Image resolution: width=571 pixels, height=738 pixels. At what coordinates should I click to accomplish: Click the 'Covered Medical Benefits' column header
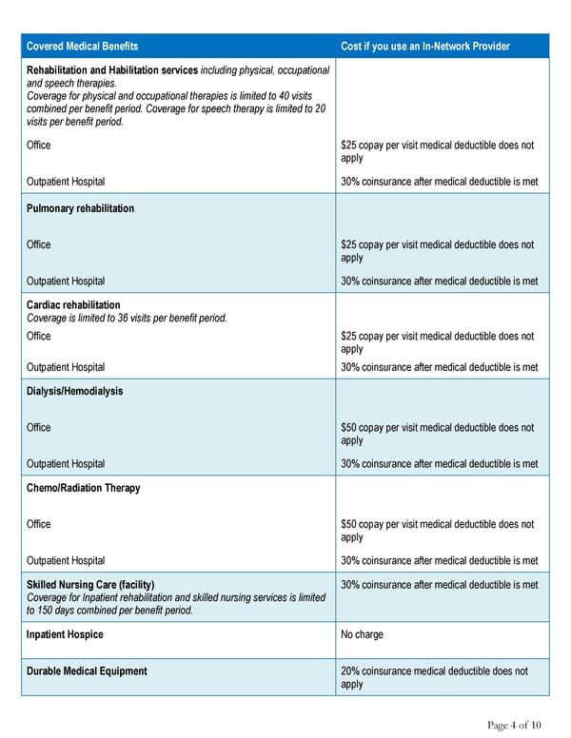tap(82, 47)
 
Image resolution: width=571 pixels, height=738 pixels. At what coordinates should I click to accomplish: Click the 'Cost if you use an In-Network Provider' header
tap(424, 47)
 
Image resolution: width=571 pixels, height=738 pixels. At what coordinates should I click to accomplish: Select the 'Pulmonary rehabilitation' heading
tap(81, 208)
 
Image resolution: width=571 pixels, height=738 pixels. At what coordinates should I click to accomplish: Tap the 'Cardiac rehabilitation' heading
tap(74, 305)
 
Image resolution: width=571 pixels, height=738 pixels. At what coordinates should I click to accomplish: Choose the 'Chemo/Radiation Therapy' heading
tap(84, 488)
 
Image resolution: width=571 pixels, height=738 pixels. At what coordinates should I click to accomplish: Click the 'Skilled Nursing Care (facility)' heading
tap(91, 584)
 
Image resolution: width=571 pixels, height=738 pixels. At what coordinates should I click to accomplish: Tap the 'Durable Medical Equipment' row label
tap(88, 671)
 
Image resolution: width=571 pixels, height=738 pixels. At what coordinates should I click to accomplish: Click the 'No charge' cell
tap(362, 634)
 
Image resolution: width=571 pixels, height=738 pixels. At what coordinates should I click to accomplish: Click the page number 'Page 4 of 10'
tap(514, 726)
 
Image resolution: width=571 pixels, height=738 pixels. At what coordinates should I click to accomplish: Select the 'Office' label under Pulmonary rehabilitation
tap(39, 244)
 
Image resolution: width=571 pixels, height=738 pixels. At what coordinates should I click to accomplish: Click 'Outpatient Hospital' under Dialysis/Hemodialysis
tap(67, 464)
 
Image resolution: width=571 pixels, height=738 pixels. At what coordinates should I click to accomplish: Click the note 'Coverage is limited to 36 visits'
tap(128, 318)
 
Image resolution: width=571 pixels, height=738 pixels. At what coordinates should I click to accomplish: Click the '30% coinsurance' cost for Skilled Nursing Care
tap(439, 584)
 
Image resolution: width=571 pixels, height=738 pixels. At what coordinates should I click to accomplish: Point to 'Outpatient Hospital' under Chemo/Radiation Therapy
tap(67, 561)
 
